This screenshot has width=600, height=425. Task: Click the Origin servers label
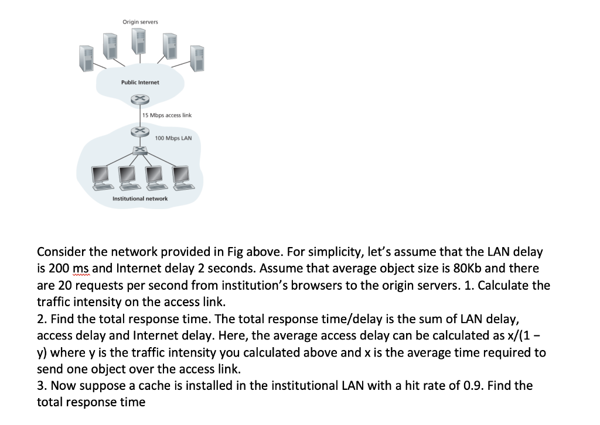pos(140,22)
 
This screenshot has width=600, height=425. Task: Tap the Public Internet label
pos(140,83)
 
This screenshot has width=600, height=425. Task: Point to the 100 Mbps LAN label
pos(173,139)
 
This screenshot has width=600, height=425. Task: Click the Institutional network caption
pos(140,198)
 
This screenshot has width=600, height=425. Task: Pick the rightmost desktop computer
pos(181,176)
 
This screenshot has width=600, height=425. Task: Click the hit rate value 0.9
pos(502,386)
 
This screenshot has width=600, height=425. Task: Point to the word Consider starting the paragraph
pos(61,252)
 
